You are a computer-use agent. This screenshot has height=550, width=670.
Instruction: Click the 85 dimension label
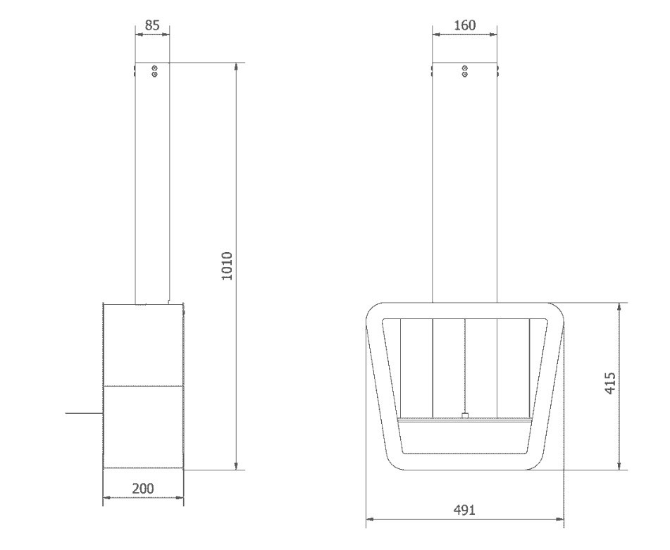click(152, 25)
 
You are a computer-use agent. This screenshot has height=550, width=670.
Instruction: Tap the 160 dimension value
click(464, 25)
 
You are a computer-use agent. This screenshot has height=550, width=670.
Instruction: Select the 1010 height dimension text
click(227, 266)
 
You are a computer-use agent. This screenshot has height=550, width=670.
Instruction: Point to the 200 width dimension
click(143, 488)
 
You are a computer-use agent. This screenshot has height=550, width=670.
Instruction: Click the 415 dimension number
click(611, 383)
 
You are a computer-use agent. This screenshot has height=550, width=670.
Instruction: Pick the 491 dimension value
click(464, 509)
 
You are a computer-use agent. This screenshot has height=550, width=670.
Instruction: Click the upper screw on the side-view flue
click(155, 68)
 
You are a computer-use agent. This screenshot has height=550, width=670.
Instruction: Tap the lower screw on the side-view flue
click(155, 75)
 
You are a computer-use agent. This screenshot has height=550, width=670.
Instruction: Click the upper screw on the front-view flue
click(465, 68)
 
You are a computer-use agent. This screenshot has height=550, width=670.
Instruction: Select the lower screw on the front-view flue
click(465, 75)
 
